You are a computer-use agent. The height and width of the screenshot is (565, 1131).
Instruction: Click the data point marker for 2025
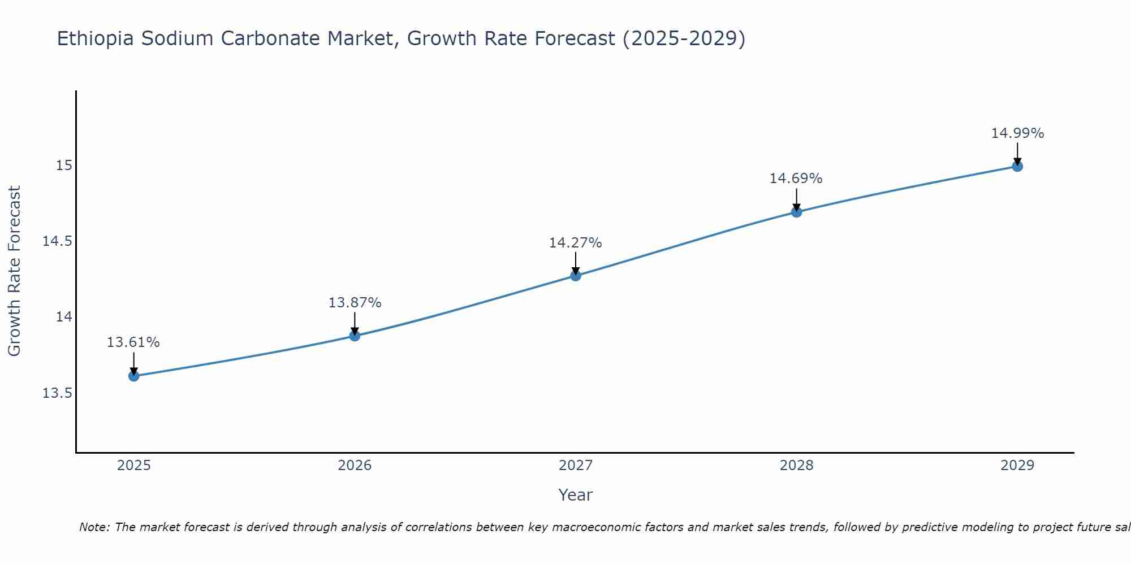[x=134, y=376]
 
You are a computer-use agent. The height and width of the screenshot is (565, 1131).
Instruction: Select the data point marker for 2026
[x=355, y=336]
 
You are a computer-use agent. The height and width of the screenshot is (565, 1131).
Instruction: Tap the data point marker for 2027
[x=576, y=276]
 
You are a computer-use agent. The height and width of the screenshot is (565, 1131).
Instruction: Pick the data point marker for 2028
[x=796, y=212]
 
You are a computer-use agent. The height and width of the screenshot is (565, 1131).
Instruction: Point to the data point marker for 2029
[x=1017, y=166]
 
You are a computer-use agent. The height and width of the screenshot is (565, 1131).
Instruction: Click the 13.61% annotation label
[x=133, y=342]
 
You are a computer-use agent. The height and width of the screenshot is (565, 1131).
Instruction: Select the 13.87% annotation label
[x=355, y=303]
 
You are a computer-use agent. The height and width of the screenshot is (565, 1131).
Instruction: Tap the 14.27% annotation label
[x=575, y=243]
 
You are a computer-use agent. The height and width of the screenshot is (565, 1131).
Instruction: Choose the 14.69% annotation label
[x=796, y=179]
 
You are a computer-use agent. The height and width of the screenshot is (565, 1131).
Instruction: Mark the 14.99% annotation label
[x=1017, y=133]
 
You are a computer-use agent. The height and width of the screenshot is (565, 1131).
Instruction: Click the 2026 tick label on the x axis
[x=355, y=466]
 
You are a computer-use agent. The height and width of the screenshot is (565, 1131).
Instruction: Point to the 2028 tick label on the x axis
[x=796, y=466]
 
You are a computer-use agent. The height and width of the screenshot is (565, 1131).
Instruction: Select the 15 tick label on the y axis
[x=64, y=166]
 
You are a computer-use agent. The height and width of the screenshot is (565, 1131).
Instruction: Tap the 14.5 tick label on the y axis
[x=58, y=241]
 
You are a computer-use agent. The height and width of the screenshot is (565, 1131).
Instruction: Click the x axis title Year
[x=575, y=495]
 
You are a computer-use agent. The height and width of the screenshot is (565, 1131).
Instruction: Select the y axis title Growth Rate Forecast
[x=14, y=271]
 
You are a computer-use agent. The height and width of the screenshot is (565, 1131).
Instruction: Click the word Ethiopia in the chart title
[x=96, y=38]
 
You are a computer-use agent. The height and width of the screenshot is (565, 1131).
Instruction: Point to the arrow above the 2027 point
[x=576, y=262]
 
